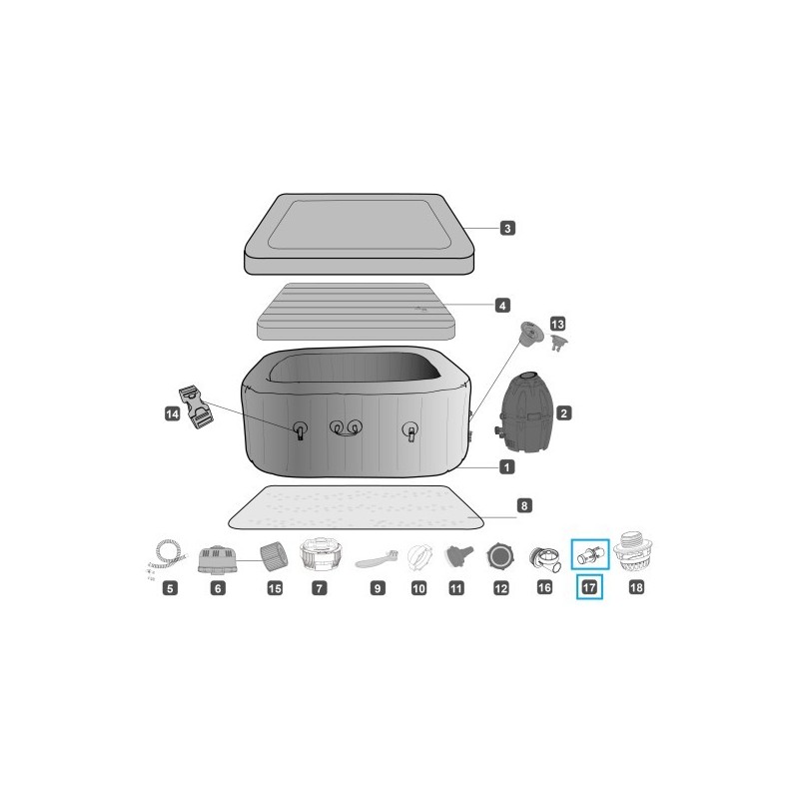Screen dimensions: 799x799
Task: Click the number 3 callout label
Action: (x=507, y=229)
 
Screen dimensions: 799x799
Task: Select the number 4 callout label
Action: (x=503, y=305)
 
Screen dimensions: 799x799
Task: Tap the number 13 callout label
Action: (x=557, y=325)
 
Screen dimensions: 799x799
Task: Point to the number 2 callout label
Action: (x=564, y=411)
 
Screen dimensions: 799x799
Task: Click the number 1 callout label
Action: (x=507, y=466)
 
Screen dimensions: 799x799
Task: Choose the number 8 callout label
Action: (x=525, y=506)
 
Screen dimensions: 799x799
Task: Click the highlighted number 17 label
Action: (x=589, y=587)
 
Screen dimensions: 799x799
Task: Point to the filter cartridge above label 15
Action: (x=272, y=554)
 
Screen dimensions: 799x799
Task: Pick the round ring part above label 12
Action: (x=499, y=556)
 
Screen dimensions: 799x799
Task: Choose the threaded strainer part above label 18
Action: (x=635, y=551)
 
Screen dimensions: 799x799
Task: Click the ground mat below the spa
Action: (x=355, y=509)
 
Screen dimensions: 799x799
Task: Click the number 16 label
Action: (x=544, y=588)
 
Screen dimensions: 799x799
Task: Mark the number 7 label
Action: (x=318, y=588)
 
